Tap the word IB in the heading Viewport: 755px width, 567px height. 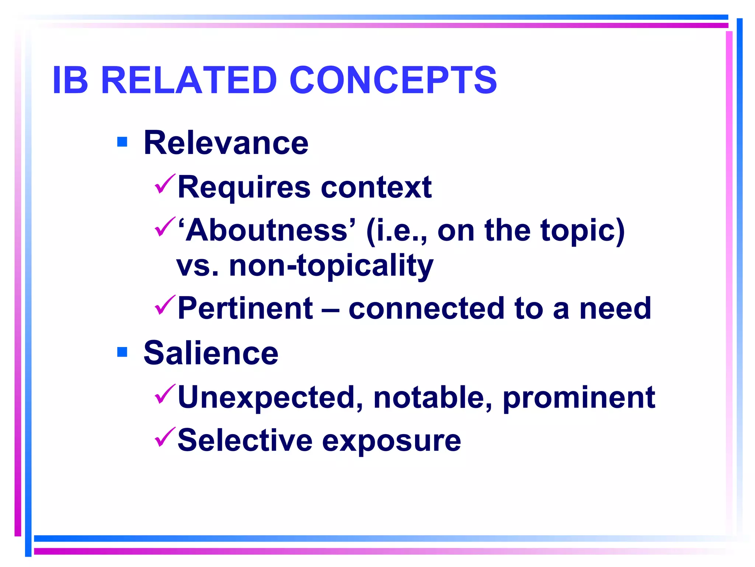70,80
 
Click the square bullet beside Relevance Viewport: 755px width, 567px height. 122,142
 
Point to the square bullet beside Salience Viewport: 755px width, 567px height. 122,352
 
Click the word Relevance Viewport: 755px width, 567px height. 226,143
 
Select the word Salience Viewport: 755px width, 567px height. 211,353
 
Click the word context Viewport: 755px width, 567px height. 376,188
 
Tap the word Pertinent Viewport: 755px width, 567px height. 245,308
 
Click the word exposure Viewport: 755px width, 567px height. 391,441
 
